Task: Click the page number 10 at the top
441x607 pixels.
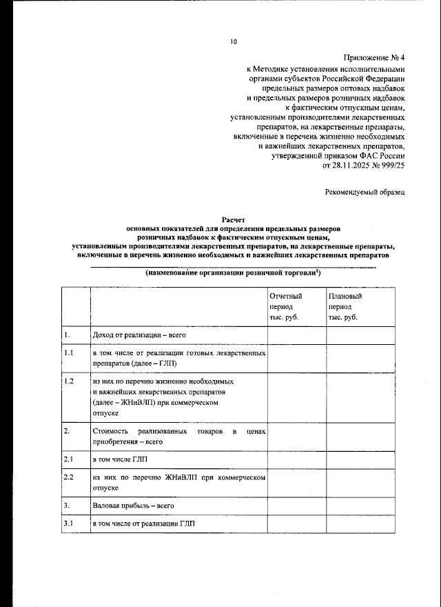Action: pos(234,42)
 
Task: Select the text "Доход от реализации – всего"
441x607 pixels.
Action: pos(138,335)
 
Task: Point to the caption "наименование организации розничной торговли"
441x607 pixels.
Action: pos(232,273)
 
